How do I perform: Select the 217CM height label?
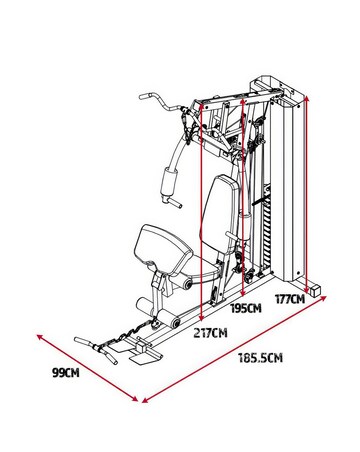tap(209, 332)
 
